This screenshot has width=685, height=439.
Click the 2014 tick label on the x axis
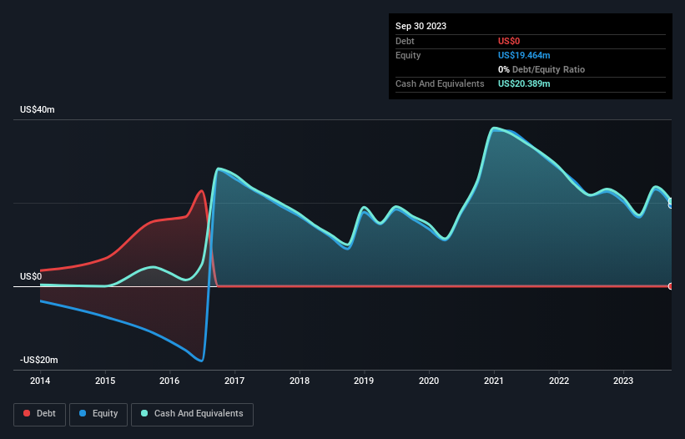tap(40, 381)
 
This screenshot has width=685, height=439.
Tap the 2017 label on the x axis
tap(234, 381)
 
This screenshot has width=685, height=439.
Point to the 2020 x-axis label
tap(429, 381)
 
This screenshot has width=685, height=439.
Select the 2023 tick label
tap(623, 381)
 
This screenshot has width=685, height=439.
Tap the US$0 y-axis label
tap(31, 276)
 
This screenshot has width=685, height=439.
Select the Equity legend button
tap(98, 413)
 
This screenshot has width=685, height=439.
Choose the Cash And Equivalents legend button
tap(192, 413)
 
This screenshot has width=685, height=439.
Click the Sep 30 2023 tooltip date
tap(421, 26)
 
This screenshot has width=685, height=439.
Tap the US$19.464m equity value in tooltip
tap(524, 55)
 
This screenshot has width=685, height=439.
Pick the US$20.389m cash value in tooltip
tap(524, 83)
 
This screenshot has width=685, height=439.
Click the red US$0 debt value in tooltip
tap(510, 41)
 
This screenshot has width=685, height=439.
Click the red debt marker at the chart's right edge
tap(671, 286)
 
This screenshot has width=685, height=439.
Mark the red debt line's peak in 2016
tap(201, 191)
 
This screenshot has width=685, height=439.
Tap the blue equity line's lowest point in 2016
tap(201, 361)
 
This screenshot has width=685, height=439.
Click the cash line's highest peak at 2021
tap(495, 129)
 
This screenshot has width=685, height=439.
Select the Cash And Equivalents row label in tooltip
tap(440, 83)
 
